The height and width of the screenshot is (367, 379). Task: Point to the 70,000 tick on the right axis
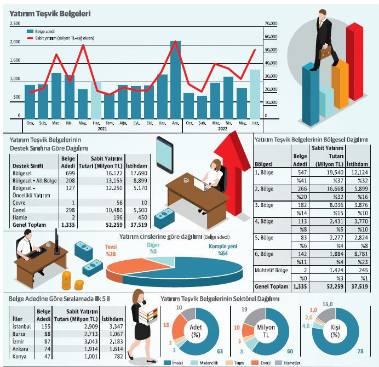271,24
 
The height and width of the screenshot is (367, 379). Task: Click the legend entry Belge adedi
45,31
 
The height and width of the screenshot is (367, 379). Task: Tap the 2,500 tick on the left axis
15,24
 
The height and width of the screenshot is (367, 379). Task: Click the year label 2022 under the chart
222,129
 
